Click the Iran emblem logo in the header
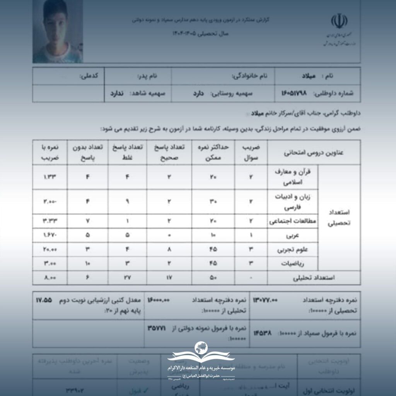338,23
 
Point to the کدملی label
89,76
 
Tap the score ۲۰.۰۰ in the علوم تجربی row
51,249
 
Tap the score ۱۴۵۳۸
263,333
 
